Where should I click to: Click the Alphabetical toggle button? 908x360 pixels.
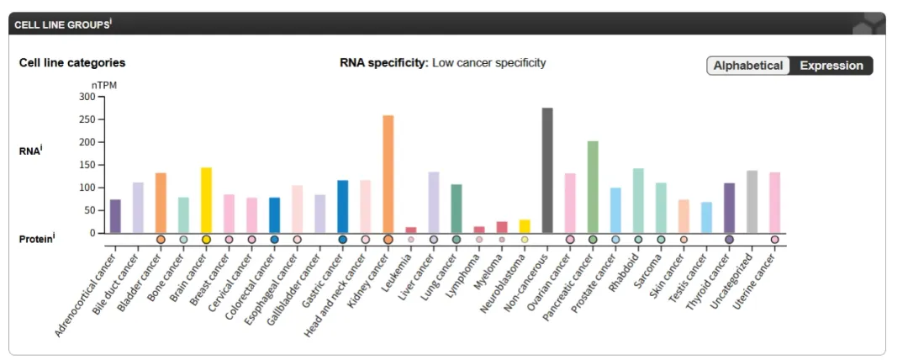748,66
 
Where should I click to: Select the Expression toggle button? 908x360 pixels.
831,66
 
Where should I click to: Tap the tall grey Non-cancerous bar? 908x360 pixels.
547,171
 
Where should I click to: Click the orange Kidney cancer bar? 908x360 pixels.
388,174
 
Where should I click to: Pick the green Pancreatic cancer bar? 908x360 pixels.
593,187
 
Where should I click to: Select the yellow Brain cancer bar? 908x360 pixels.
206,200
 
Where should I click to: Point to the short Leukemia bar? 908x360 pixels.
411,230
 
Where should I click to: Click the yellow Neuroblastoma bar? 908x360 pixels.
525,226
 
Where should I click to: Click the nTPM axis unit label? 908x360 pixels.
102,85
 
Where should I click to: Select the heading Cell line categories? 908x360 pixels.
72,63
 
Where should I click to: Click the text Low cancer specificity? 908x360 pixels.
488,63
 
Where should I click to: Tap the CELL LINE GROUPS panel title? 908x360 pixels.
61,24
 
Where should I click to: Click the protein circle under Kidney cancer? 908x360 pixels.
388,240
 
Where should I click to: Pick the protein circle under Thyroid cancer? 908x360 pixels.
729,240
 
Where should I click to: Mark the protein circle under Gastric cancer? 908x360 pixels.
343,240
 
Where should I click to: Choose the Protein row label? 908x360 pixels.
36,240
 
